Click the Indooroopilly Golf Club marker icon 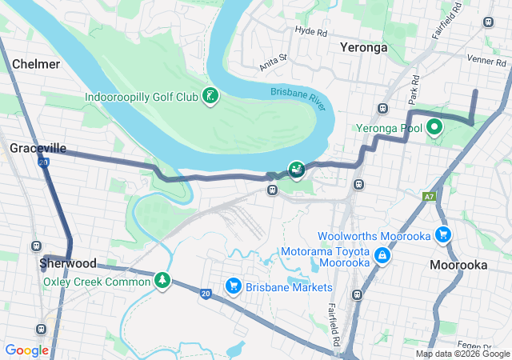[210, 97]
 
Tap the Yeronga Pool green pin [434, 126]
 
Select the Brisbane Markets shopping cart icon [234, 286]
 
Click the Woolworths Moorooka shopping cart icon [442, 234]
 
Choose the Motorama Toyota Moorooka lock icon [382, 255]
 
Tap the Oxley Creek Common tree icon [163, 280]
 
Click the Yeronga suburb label [364, 47]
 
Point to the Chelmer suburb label [36, 63]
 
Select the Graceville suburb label [38, 148]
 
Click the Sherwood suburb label [69, 263]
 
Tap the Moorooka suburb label [458, 265]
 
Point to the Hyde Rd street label [311, 31]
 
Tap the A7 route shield [429, 195]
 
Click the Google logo [27, 350]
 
